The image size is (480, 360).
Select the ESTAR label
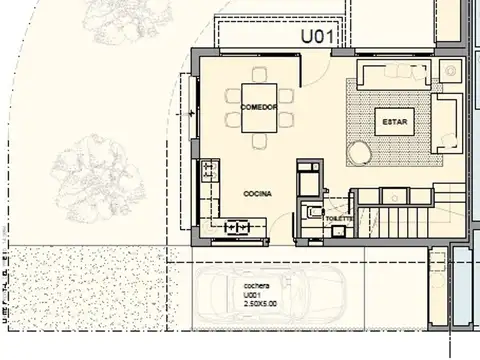391,121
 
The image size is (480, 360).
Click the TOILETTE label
337,218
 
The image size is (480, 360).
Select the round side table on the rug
359,152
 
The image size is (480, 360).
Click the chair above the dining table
260,76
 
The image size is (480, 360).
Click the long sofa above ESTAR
394,76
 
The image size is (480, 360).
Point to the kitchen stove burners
240,227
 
